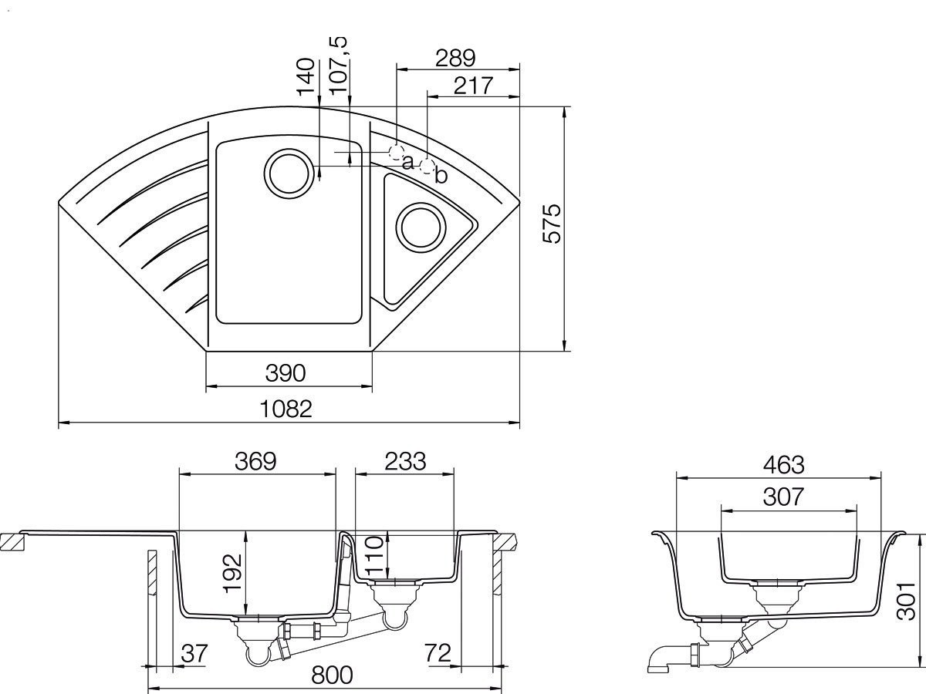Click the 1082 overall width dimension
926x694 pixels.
[x=286, y=409]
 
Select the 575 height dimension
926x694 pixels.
[x=552, y=224]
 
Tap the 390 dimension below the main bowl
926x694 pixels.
[x=286, y=373]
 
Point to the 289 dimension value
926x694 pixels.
[x=455, y=58]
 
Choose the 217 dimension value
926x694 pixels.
[x=473, y=86]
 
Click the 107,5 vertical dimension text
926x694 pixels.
[x=338, y=65]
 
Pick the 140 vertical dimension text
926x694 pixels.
[x=306, y=76]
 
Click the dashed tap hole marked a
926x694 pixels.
[x=396, y=152]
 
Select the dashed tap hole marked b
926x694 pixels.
[x=428, y=167]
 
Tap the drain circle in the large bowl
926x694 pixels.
[x=289, y=173]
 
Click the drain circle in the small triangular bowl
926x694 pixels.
[x=421, y=227]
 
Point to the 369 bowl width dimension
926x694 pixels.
[x=255, y=461]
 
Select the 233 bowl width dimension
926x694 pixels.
[x=405, y=461]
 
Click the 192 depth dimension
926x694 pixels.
[x=232, y=573]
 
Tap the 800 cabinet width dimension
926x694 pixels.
[x=332, y=675]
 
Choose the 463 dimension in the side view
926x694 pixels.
[x=784, y=465]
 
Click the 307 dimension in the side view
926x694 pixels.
[x=783, y=497]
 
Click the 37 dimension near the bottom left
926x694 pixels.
[x=194, y=654]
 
